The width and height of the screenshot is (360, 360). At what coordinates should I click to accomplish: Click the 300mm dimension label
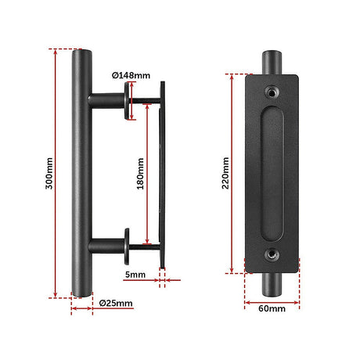pyautogui.click(x=49, y=173)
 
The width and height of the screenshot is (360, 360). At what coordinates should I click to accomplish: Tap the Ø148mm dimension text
pyautogui.click(x=131, y=76)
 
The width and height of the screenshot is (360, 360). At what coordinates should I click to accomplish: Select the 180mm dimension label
pyautogui.click(x=140, y=174)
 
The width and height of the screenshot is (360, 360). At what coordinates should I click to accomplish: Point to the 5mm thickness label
pyautogui.click(x=135, y=275)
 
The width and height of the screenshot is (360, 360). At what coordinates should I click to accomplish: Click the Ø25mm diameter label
pyautogui.click(x=116, y=303)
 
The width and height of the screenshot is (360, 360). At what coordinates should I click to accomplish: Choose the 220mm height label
pyautogui.click(x=225, y=173)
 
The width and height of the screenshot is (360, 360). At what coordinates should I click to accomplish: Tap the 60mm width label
pyautogui.click(x=272, y=308)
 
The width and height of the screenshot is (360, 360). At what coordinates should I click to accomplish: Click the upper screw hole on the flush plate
pyautogui.click(x=272, y=92)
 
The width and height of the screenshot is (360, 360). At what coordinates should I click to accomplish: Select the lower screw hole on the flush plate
pyautogui.click(x=272, y=255)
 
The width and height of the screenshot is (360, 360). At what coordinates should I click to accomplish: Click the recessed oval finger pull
pyautogui.click(x=272, y=174)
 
